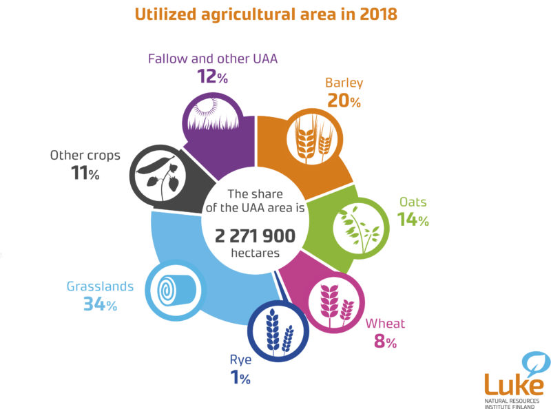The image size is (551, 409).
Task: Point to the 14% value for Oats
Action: click(x=413, y=220)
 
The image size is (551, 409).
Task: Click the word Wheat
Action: click(x=385, y=324)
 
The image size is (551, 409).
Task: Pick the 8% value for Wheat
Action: click(x=385, y=342)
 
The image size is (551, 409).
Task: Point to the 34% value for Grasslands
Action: click(x=100, y=304)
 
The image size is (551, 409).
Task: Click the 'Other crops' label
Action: click(x=85, y=156)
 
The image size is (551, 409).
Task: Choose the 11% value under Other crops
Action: click(x=85, y=174)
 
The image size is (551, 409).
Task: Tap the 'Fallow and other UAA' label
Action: click(x=212, y=59)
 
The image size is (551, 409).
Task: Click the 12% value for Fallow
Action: click(x=212, y=77)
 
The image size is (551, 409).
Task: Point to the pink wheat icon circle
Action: click(x=334, y=301)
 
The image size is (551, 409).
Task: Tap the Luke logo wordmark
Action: click(x=513, y=384)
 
